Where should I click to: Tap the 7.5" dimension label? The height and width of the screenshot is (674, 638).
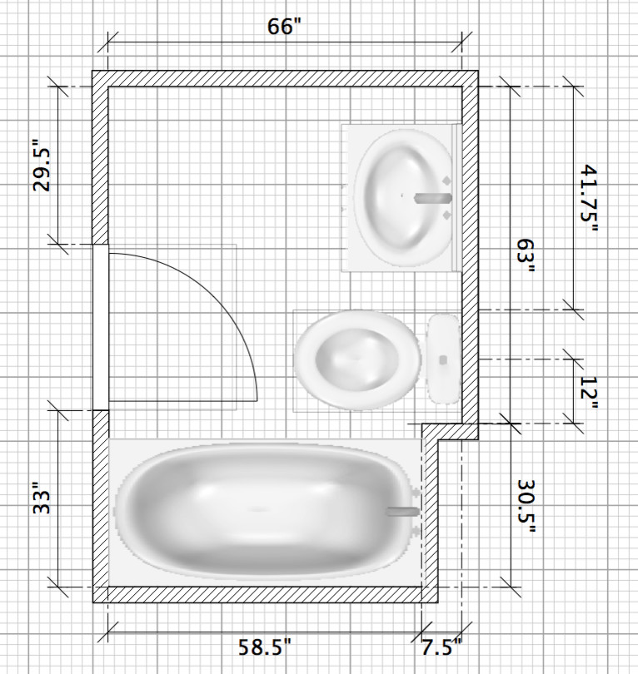point(439,647)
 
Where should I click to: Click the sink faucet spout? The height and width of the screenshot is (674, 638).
point(432,198)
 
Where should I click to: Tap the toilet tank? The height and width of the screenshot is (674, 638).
point(443,359)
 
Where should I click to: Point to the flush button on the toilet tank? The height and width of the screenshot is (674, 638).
point(443,359)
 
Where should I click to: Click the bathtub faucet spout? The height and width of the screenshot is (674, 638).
point(405,512)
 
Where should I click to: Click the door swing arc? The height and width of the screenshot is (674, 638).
point(237,316)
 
